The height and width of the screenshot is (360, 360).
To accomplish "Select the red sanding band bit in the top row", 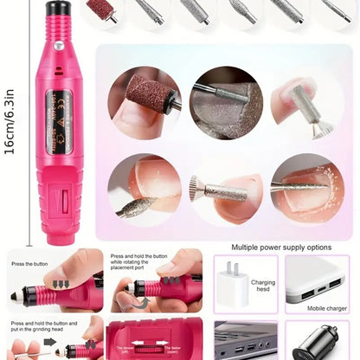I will click(101, 11).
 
